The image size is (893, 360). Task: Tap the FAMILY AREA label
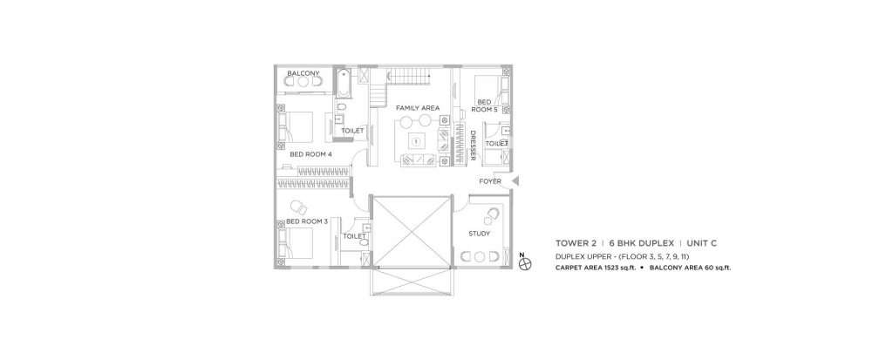(x=417, y=108)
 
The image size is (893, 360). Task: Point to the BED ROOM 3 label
(x=307, y=221)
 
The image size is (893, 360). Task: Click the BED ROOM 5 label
(x=484, y=106)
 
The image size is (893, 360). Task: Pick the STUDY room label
(x=479, y=234)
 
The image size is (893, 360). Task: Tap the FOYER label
(x=490, y=182)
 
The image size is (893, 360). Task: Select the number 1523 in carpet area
(x=611, y=268)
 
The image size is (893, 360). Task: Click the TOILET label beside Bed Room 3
(x=354, y=235)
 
